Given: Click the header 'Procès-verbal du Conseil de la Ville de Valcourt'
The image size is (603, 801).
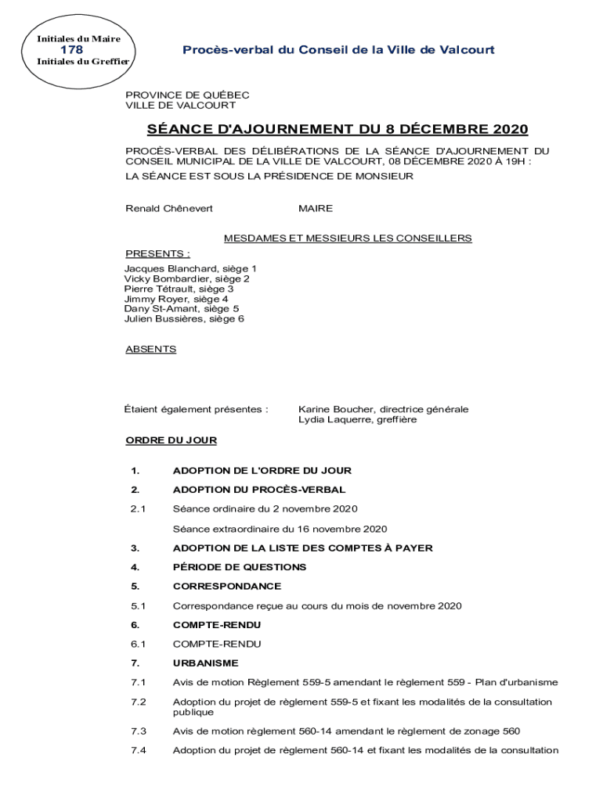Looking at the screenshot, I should pos(338,50).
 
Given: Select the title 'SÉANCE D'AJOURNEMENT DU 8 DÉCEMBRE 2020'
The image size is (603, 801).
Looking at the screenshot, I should pos(338,129).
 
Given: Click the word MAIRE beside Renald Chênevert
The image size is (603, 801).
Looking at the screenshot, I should pos(316,209).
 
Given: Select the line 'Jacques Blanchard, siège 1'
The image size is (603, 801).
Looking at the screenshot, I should pos(190,269).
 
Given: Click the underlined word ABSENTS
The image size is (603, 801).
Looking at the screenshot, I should pos(150,350).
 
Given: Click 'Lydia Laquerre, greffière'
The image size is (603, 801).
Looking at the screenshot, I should pos(358,420).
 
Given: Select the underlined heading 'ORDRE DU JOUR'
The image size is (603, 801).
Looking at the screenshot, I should pos(171,440).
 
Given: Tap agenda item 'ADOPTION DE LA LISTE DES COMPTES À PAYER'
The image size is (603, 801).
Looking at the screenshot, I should pos(302,548).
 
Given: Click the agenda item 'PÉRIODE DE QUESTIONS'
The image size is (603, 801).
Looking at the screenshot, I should pos(240,567).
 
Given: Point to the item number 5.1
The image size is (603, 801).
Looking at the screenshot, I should pos(139,605).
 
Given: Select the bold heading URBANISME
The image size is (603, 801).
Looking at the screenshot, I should pos(205,663).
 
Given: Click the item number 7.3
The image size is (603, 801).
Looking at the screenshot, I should pos(139,731).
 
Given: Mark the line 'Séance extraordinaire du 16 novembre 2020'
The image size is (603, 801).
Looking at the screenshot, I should pos(280,529).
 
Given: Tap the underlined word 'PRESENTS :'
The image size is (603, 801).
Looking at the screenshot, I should pos(157,253).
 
